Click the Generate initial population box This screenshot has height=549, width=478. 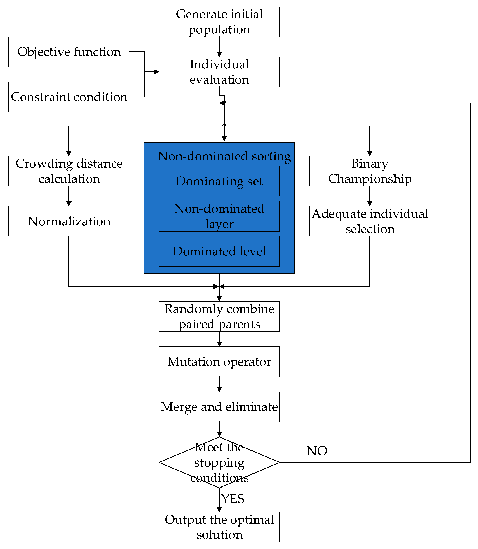pyautogui.click(x=219, y=22)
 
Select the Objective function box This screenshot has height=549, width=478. pyautogui.click(x=69, y=52)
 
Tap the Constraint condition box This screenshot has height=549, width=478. pyautogui.click(x=69, y=97)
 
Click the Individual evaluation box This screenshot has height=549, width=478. pyautogui.click(x=219, y=72)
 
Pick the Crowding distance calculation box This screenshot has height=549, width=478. pyautogui.click(x=69, y=171)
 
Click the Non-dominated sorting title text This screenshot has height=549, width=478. pyautogui.click(x=224, y=156)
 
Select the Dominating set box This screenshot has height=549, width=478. pyautogui.click(x=219, y=181)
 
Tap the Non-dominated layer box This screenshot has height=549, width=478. pyautogui.click(x=219, y=216)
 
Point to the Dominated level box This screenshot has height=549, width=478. pyautogui.click(x=219, y=251)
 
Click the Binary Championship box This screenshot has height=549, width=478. pyautogui.click(x=369, y=171)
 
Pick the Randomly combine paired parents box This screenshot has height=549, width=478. pyautogui.click(x=219, y=317)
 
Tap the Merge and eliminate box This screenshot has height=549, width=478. pyautogui.click(x=219, y=407)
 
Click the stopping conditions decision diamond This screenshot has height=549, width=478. pyautogui.click(x=219, y=462)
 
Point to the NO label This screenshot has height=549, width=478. pyautogui.click(x=317, y=451)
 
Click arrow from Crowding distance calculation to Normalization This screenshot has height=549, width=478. pyautogui.click(x=69, y=196)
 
